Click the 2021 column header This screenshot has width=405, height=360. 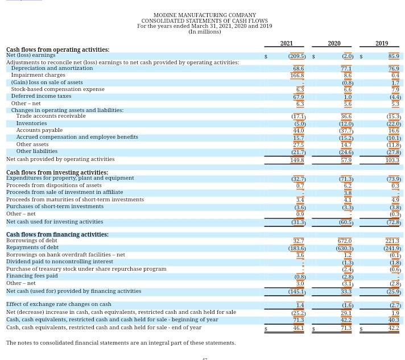(x=286, y=43)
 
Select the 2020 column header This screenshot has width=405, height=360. (x=334, y=43)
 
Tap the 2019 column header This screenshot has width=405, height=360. (x=382, y=43)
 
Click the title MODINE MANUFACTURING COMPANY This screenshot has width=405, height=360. (x=205, y=15)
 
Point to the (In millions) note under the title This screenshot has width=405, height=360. (x=205, y=32)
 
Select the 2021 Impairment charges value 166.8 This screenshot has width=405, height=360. (x=297, y=75)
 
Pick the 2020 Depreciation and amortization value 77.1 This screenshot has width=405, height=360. (x=346, y=68)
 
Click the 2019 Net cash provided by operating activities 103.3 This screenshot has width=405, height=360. (x=392, y=160)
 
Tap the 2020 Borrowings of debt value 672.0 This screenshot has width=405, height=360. (x=344, y=241)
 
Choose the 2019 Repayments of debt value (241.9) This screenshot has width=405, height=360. (x=392, y=249)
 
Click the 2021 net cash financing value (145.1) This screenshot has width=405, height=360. (x=296, y=292)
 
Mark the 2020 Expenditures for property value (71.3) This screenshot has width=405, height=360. (x=345, y=179)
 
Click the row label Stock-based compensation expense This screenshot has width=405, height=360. (x=57, y=89)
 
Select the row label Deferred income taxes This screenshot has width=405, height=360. (x=41, y=96)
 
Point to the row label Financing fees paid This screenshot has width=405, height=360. (x=32, y=276)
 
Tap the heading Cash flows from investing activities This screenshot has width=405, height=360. (x=57, y=172)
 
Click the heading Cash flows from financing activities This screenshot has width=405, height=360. (x=57, y=234)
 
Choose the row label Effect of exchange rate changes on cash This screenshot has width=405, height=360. (x=59, y=304)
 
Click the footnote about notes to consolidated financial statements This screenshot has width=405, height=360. (x=121, y=343)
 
